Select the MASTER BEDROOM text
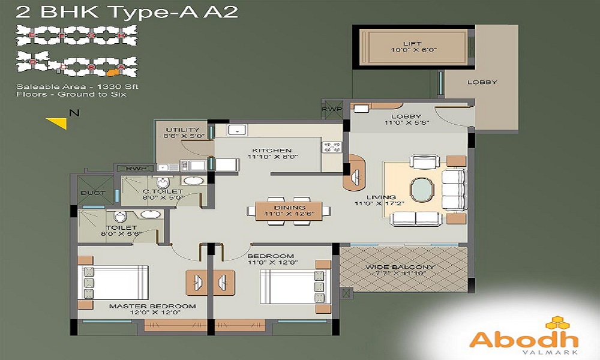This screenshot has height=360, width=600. click(152, 306)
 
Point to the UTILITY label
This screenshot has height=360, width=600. click(178, 129)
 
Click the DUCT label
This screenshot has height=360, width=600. click(93, 193)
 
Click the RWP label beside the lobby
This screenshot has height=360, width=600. click(331, 110)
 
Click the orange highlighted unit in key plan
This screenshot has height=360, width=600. click(110, 73)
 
